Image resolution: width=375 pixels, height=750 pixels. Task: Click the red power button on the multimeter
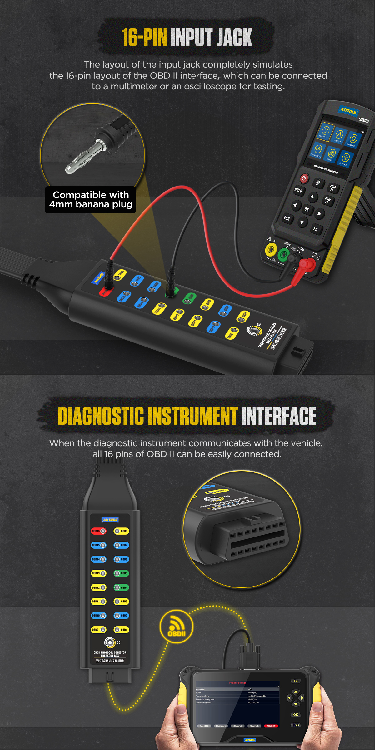pyautogui.click(x=304, y=178)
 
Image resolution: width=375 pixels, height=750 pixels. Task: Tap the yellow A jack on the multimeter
pyautogui.click(x=271, y=250)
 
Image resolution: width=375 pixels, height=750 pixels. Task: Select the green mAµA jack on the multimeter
pyautogui.click(x=283, y=255)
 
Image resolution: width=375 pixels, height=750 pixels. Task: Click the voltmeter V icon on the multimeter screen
pyautogui.click(x=325, y=131)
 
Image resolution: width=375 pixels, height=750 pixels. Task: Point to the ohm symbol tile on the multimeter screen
pyautogui.click(x=353, y=138)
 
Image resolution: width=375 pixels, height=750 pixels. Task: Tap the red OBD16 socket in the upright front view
pyautogui.click(x=99, y=531)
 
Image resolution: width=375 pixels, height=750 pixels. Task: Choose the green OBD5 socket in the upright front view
pyautogui.click(x=121, y=573)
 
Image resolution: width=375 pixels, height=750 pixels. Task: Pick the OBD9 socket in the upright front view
pyautogui.click(x=99, y=630)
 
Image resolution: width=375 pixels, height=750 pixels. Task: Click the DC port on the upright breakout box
pyautogui.click(x=110, y=642)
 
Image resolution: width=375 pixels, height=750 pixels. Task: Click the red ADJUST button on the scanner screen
pyautogui.click(x=271, y=726)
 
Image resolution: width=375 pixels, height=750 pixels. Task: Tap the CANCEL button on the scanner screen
pyautogui.click(x=204, y=726)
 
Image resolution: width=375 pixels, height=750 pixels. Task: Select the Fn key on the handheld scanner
pyautogui.click(x=296, y=681)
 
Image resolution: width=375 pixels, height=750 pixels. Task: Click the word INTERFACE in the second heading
pyautogui.click(x=279, y=416)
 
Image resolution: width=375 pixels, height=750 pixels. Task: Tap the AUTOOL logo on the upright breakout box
pyautogui.click(x=110, y=520)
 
